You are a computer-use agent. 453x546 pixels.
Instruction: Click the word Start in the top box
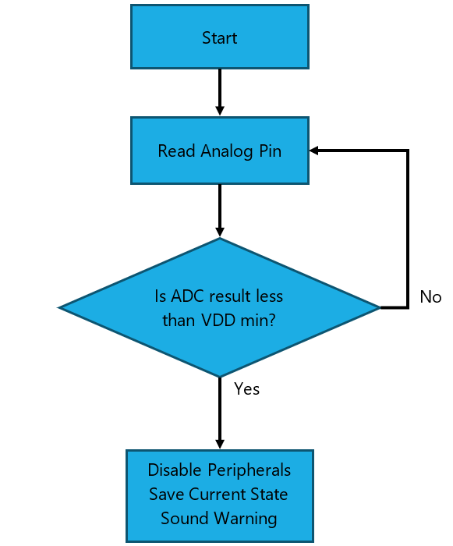pyautogui.click(x=220, y=37)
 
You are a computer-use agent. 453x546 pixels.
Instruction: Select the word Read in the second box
pyautogui.click(x=176, y=151)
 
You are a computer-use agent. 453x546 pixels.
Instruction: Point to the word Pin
pyautogui.click(x=271, y=151)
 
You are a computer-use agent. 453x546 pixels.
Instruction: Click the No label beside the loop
pyautogui.click(x=430, y=297)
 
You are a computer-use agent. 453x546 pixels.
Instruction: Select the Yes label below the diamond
pyautogui.click(x=246, y=389)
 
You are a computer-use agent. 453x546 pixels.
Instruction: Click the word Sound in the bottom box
pyautogui.click(x=185, y=518)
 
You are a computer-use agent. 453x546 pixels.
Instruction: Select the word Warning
pyautogui.click(x=246, y=519)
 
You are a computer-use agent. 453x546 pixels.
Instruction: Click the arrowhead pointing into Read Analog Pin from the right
pyautogui.click(x=313, y=151)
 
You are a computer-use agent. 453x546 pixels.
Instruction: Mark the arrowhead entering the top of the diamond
pyautogui.click(x=220, y=232)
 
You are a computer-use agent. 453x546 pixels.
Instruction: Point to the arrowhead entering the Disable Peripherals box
pyautogui.click(x=220, y=445)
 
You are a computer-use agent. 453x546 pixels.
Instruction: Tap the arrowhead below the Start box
pyautogui.click(x=220, y=111)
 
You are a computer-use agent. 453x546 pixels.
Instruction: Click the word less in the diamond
pyautogui.click(x=270, y=296)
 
